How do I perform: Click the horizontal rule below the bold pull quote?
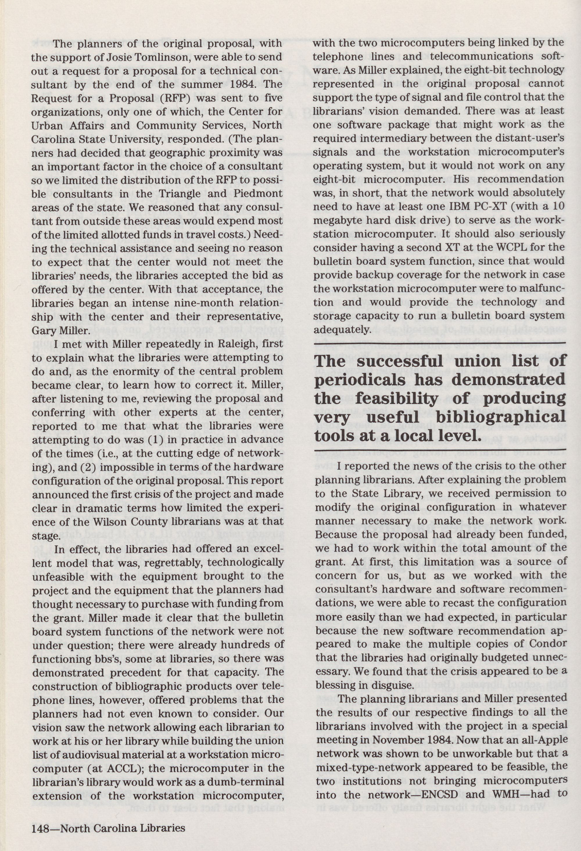coord(439,449)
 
